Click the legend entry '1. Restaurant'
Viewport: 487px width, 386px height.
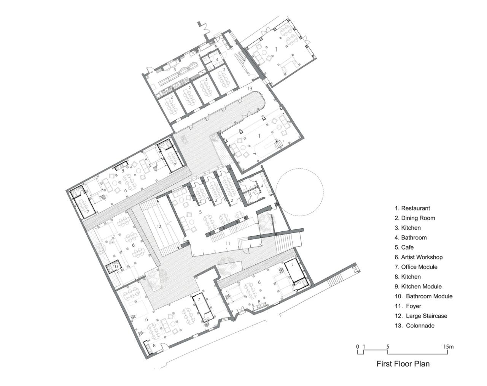[412, 208]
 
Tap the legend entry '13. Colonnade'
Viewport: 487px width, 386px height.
[414, 326]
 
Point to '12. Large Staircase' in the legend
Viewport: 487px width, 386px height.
[421, 316]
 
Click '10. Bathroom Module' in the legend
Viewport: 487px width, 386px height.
[423, 296]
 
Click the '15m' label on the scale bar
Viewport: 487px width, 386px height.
[448, 347]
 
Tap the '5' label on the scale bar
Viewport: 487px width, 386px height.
[388, 347]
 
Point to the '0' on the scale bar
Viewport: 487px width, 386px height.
[358, 347]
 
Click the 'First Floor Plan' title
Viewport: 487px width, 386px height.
[403, 364]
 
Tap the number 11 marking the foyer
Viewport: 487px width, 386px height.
[228, 243]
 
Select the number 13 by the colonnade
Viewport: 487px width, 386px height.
[250, 89]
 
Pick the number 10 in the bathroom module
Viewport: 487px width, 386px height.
[115, 267]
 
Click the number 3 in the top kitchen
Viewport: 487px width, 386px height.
[175, 70]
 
